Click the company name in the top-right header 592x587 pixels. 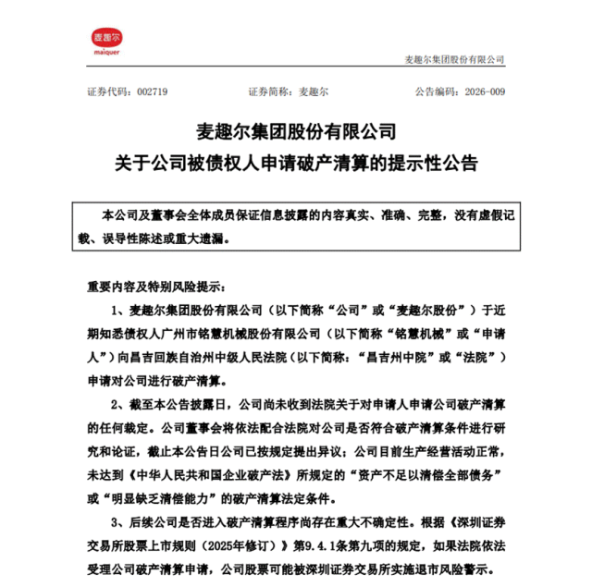455,59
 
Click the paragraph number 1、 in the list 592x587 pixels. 118,308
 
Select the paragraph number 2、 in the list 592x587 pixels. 118,404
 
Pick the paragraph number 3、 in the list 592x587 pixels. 118,523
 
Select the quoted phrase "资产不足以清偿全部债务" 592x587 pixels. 420,475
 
